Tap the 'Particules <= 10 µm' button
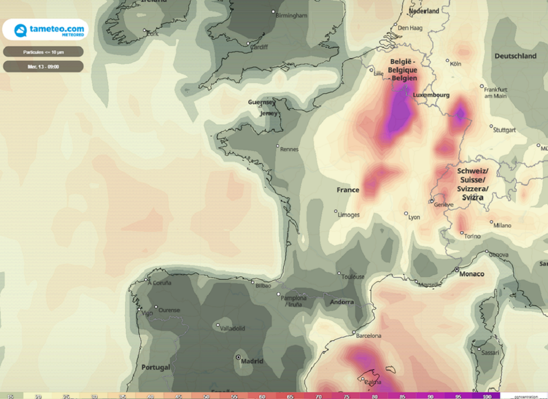click(x=43, y=52)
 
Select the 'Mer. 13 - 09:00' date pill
click(x=43, y=66)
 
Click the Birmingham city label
click(x=291, y=16)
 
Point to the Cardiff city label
click(x=260, y=47)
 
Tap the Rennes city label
click(x=290, y=149)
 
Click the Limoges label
click(x=349, y=214)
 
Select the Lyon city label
click(x=414, y=217)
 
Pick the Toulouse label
click(x=354, y=277)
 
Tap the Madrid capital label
click(x=252, y=361)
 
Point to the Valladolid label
click(x=233, y=328)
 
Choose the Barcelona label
click(x=369, y=336)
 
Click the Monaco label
click(x=472, y=274)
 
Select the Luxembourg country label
click(x=432, y=95)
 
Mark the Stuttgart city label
click(x=506, y=130)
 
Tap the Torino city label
click(x=473, y=236)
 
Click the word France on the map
click(x=348, y=190)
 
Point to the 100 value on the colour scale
click(x=486, y=396)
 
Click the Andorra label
click(x=342, y=302)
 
